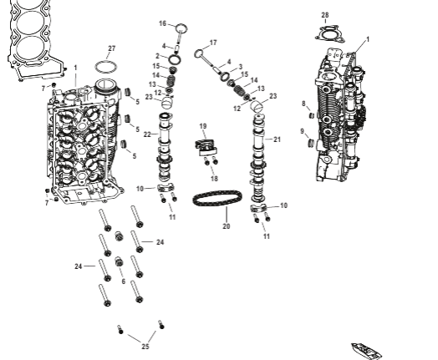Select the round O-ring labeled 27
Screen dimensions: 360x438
104,66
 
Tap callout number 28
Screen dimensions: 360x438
325,15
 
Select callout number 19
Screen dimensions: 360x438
202,125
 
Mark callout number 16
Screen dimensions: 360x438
162,23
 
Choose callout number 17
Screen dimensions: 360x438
213,42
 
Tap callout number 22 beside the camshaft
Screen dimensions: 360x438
146,134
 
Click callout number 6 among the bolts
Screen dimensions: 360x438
124,281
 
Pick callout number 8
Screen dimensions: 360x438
303,103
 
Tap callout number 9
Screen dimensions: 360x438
303,131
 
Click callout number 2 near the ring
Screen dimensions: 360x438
156,56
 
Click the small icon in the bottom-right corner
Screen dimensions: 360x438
366,349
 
